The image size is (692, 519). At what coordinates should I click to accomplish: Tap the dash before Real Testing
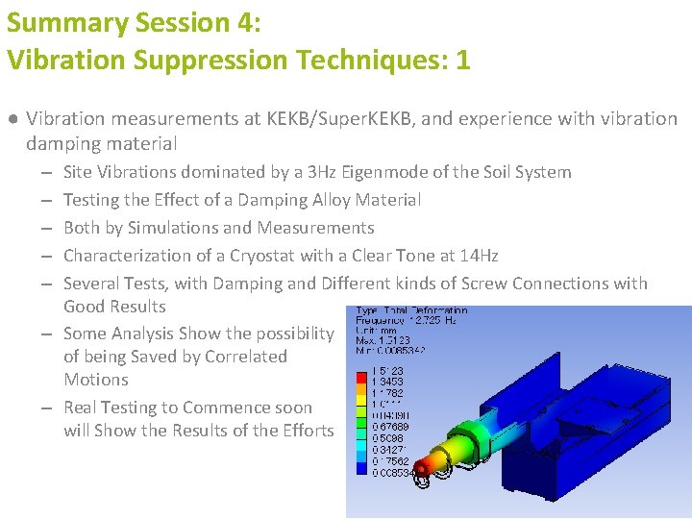click(46, 408)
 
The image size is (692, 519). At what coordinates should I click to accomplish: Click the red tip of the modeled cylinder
click(421, 468)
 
